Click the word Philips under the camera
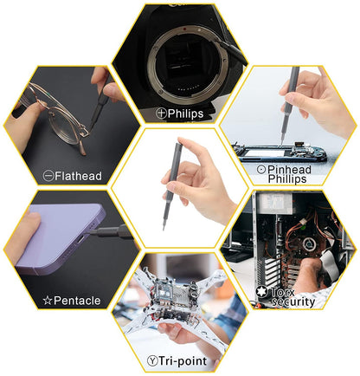[x=188, y=113]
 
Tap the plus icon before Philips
[x=161, y=113]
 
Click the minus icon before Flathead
[x=48, y=176]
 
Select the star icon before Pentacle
[x=48, y=301]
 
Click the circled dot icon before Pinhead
[x=237, y=169]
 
